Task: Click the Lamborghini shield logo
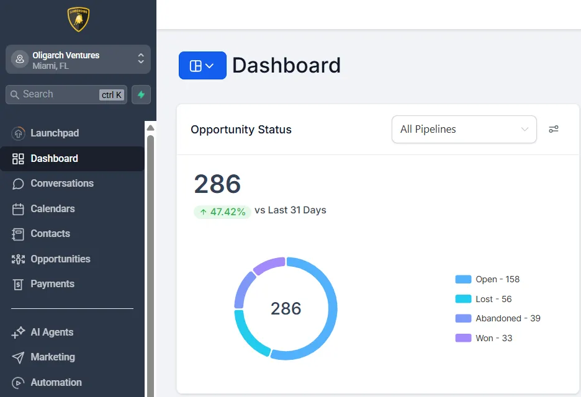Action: pyautogui.click(x=79, y=19)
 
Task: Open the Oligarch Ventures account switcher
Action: pyautogui.click(x=78, y=60)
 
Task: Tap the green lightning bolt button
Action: pyautogui.click(x=141, y=94)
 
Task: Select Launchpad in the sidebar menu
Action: pyautogui.click(x=55, y=133)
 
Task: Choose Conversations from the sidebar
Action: pyautogui.click(x=62, y=183)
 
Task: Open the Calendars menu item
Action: pyautogui.click(x=53, y=208)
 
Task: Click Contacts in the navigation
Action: pyautogui.click(x=50, y=233)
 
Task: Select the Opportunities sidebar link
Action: pyautogui.click(x=60, y=259)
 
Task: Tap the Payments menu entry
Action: pyautogui.click(x=52, y=283)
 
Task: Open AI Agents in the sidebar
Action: pyautogui.click(x=52, y=332)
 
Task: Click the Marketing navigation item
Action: pyautogui.click(x=53, y=357)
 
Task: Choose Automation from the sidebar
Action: pyautogui.click(x=56, y=382)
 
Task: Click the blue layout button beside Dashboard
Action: pyautogui.click(x=202, y=66)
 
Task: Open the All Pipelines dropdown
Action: pyautogui.click(x=464, y=129)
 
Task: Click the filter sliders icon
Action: pyautogui.click(x=554, y=129)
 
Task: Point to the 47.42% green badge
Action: pyautogui.click(x=223, y=212)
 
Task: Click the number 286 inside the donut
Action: pyautogui.click(x=286, y=308)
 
